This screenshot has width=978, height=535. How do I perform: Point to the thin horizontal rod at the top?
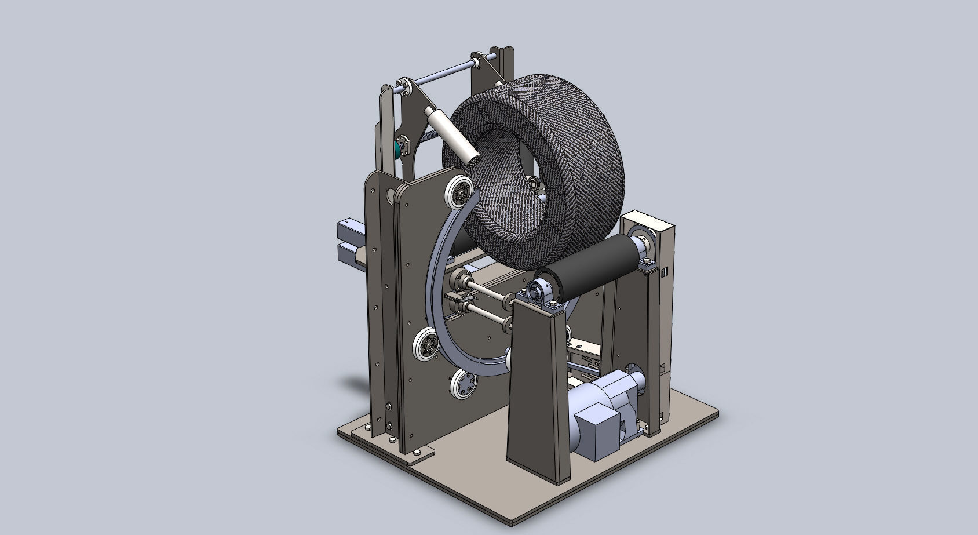click(x=440, y=73)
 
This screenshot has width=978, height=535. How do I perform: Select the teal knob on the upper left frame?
click(x=397, y=147)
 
